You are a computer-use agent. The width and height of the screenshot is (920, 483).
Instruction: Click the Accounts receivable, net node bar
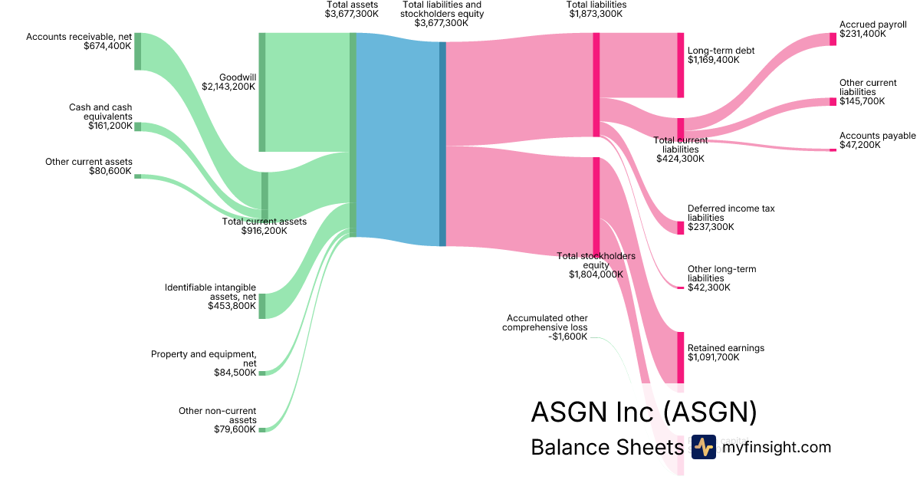138,51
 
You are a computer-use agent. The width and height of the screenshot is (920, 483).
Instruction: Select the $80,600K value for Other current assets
111,171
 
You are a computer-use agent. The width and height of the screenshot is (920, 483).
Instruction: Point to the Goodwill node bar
261,92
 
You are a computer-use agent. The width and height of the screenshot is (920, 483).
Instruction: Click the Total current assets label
264,222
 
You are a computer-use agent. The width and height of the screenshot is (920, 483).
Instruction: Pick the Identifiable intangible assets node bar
261,306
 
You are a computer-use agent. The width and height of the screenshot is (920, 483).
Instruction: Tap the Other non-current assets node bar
261,429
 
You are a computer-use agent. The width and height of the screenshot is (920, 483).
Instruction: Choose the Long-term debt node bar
680,65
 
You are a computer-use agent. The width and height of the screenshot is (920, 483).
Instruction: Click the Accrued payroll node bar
833,39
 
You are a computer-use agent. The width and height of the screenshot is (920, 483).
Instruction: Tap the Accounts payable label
877,136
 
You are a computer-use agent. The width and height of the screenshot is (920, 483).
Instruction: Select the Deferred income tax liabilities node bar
680,228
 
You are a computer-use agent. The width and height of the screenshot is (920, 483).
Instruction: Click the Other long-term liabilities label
721,274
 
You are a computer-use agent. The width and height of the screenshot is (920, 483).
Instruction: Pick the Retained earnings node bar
680,357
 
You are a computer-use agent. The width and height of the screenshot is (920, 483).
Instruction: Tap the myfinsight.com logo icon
703,447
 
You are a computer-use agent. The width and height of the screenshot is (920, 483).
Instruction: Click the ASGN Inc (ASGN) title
644,412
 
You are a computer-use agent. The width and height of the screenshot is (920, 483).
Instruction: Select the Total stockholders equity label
596,260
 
